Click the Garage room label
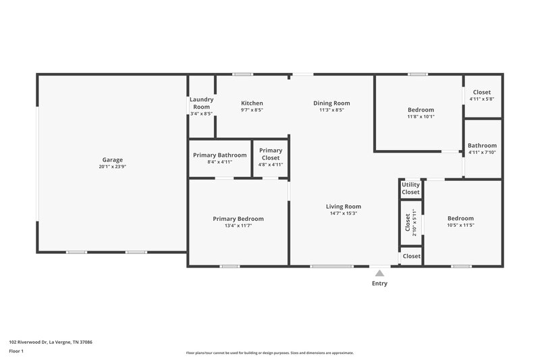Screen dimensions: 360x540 coord(112,160)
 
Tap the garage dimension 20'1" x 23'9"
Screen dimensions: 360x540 coord(112,167)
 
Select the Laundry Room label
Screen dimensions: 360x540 coord(201,103)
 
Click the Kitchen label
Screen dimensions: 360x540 coord(252,103)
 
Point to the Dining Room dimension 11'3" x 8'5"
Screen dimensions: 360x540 coord(331,110)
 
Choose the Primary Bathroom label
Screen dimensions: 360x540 coord(220,155)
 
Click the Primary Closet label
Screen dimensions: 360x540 coord(271,154)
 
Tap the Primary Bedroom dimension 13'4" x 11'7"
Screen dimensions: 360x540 coord(238,226)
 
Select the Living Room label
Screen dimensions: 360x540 coord(344,207)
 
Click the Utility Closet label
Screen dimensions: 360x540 coord(410,188)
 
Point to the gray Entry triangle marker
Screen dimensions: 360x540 coord(379,274)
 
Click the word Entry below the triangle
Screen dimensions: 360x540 coord(379,284)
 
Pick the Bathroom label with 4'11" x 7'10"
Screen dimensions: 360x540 coord(482,145)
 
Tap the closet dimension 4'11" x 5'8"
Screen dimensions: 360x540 coord(482,99)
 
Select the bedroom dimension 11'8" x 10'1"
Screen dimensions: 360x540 coord(421,116)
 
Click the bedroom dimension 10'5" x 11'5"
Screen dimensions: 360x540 coord(460,225)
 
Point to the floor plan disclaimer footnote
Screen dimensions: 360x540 coord(269,353)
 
